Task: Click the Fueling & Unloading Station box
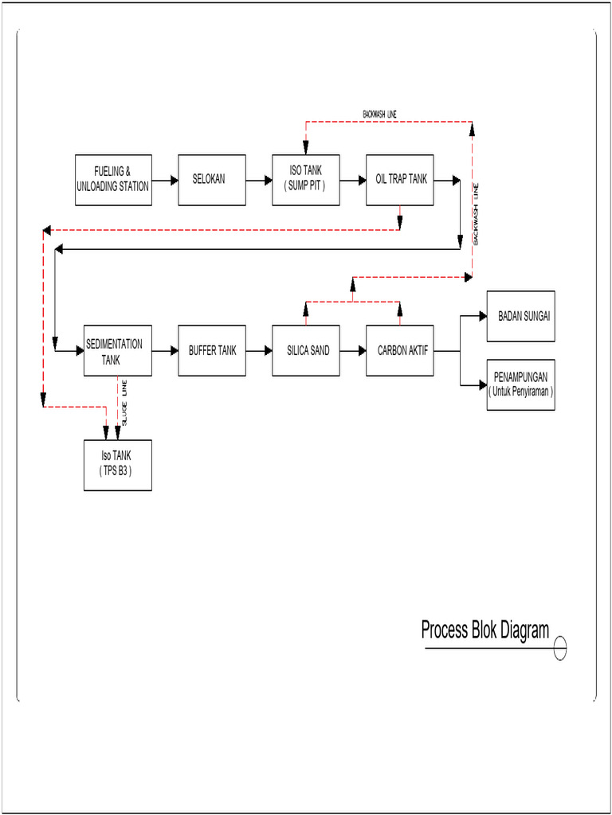click(113, 180)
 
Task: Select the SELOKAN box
click(209, 180)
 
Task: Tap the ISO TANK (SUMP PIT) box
click(306, 180)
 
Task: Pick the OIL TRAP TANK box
click(401, 180)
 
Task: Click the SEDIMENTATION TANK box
click(118, 350)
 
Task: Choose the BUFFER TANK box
click(212, 350)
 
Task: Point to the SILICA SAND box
click(308, 350)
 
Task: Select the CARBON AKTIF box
click(402, 350)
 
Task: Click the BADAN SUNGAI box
click(520, 316)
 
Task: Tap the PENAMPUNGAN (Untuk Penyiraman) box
click(520, 384)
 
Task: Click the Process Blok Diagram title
click(485, 630)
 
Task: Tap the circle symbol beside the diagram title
click(560, 649)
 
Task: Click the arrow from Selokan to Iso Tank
click(259, 181)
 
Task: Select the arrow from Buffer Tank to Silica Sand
click(259, 350)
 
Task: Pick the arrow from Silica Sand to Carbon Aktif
click(354, 350)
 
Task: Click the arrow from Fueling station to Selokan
click(165, 181)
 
